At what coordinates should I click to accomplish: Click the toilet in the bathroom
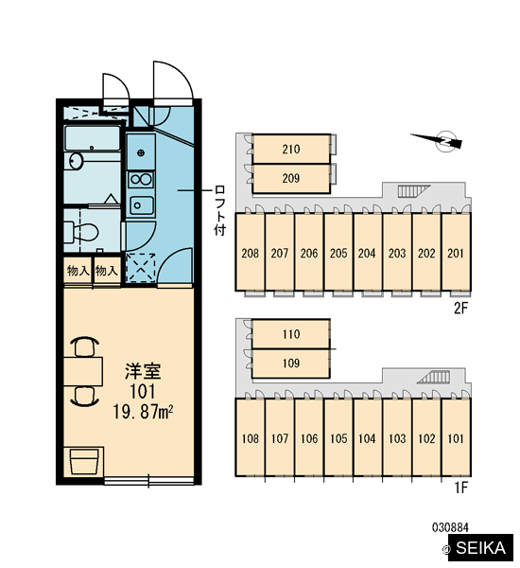(81, 231)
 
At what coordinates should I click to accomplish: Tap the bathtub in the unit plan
(93, 138)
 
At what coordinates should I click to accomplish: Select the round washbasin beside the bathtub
(76, 161)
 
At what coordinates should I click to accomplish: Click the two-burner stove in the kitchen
(141, 179)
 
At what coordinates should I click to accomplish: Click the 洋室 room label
(142, 371)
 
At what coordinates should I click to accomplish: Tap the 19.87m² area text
(143, 412)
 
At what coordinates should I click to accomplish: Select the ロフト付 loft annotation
(219, 210)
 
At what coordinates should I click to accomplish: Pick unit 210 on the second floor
(291, 149)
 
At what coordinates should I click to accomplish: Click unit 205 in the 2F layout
(338, 253)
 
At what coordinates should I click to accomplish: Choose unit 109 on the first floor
(291, 364)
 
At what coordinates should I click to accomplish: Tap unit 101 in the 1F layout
(456, 438)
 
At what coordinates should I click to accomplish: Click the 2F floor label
(461, 309)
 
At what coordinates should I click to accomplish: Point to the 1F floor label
(461, 488)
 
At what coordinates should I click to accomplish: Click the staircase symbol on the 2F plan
(413, 191)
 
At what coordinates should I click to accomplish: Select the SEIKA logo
(480, 548)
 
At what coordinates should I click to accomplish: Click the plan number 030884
(450, 527)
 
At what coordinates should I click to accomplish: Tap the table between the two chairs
(83, 371)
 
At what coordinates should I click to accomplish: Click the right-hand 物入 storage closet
(107, 271)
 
